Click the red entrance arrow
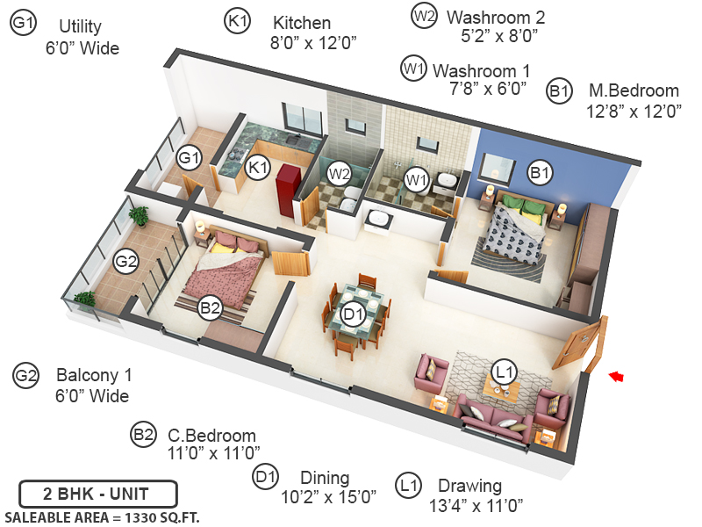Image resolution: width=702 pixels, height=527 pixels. [616, 376]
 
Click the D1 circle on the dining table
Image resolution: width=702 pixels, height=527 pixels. [353, 314]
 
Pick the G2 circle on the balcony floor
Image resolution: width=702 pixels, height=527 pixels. [127, 261]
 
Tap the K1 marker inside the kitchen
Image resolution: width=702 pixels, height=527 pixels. [257, 167]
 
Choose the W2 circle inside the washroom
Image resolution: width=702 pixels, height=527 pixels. [340, 174]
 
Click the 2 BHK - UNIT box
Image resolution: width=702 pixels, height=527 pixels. [98, 493]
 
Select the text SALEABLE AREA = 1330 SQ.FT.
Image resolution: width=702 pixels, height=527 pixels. [102, 516]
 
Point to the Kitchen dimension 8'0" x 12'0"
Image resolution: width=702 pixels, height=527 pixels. [313, 41]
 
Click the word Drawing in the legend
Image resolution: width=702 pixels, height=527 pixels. [469, 486]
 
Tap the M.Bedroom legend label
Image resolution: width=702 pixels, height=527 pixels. [634, 90]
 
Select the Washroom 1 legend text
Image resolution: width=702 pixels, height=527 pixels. [481, 69]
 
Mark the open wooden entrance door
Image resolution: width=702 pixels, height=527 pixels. [580, 347]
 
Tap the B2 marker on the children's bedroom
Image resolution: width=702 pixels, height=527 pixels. [210, 307]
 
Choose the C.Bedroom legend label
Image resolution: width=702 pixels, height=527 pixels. [211, 436]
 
